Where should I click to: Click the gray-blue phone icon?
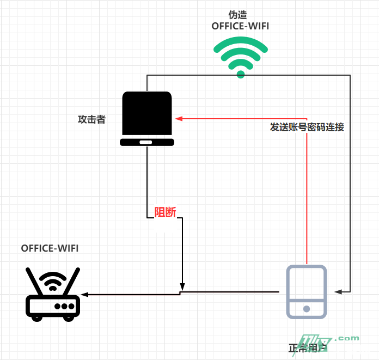click(x=307, y=291)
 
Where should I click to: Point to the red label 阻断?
click(x=166, y=212)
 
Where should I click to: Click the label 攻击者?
click(x=91, y=119)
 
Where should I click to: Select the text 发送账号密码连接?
click(x=307, y=127)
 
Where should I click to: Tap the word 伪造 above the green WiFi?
click(x=240, y=15)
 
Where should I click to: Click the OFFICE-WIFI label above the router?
click(x=50, y=248)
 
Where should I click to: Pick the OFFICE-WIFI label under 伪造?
click(x=240, y=26)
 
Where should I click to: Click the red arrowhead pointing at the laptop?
click(x=178, y=118)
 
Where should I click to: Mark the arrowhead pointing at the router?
click(x=83, y=295)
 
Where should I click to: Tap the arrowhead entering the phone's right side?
click(x=338, y=291)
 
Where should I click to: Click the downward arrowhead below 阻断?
click(x=182, y=286)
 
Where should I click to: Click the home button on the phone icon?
click(x=307, y=309)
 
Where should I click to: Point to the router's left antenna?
click(x=34, y=281)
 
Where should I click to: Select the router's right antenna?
click(x=72, y=280)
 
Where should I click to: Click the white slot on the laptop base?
click(x=146, y=142)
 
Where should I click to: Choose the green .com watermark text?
click(x=347, y=338)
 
